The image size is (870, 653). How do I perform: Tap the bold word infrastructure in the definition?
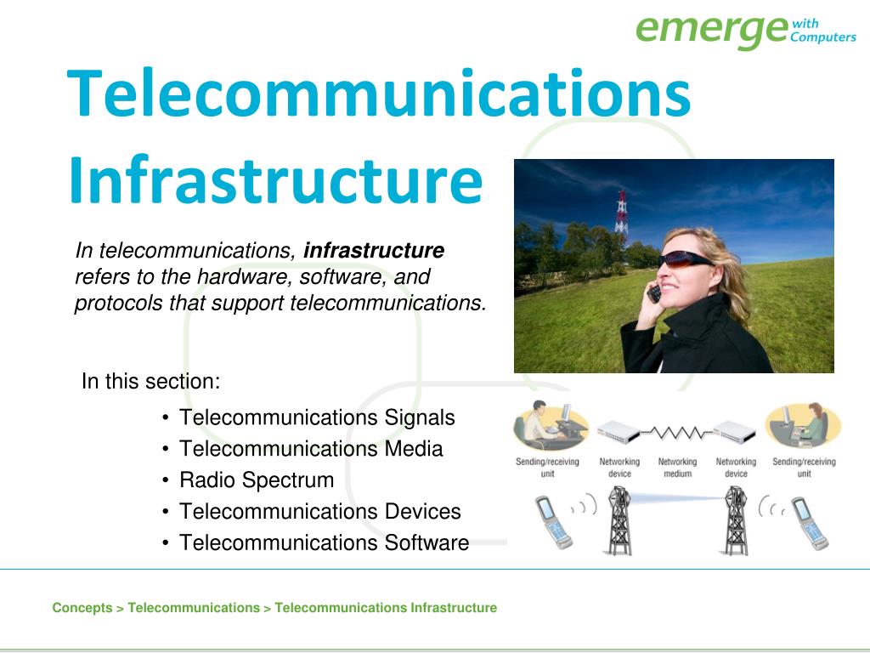tap(374, 251)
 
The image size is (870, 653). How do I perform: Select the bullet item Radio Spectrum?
tap(257, 480)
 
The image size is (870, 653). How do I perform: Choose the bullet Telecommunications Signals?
tap(317, 418)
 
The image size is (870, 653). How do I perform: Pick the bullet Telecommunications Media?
tap(311, 449)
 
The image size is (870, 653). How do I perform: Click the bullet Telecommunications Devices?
tap(319, 512)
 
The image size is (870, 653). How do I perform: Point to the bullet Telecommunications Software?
tap(324, 543)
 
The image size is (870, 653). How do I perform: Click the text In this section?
tap(151, 382)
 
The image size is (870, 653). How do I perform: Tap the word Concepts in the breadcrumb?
tap(82, 608)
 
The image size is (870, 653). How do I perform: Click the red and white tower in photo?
tap(621, 213)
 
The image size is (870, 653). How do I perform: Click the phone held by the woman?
tap(654, 293)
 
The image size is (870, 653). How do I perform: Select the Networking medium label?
tap(677, 468)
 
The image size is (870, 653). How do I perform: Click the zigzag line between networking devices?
tap(676, 434)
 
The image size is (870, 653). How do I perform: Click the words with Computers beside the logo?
tap(822, 31)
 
